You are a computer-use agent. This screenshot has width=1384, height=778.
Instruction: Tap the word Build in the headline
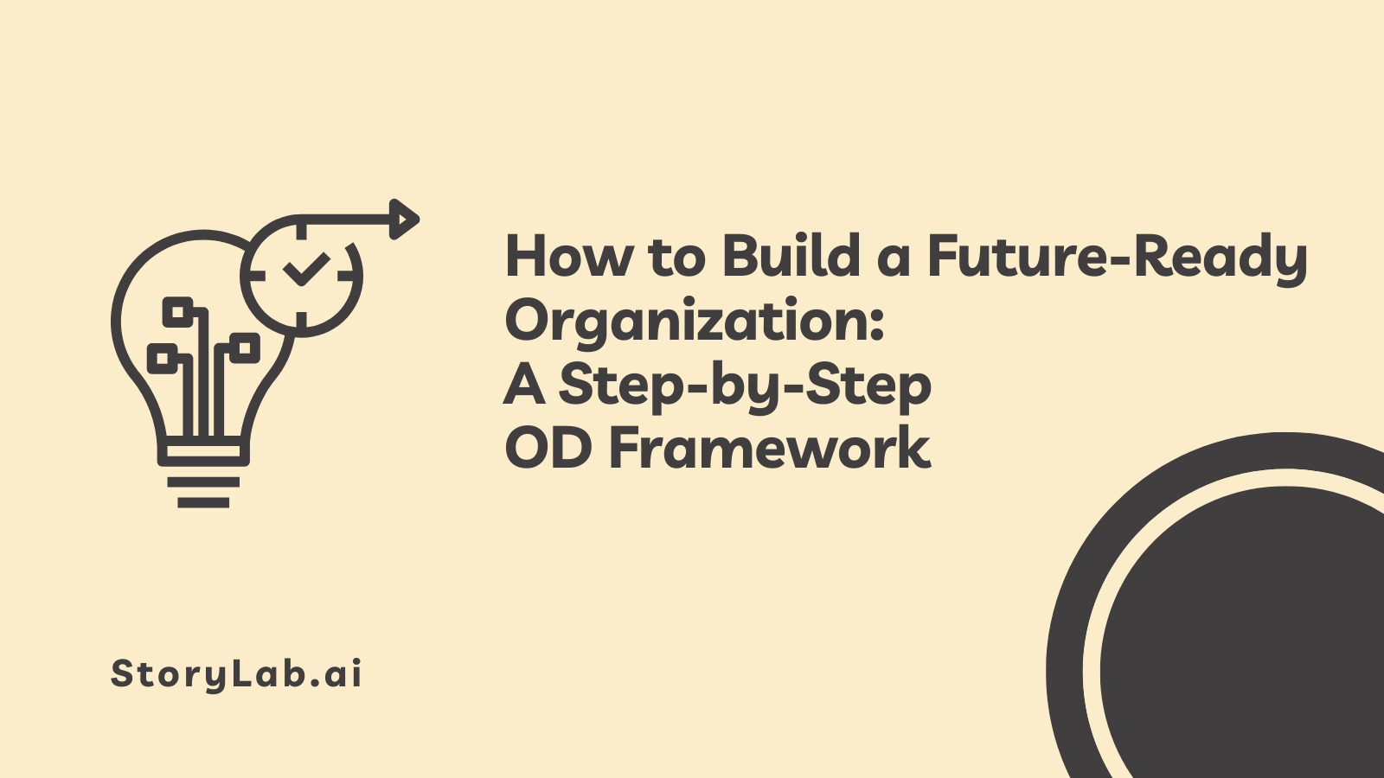click(791, 254)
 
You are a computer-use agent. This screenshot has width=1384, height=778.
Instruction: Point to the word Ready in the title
click(1221, 260)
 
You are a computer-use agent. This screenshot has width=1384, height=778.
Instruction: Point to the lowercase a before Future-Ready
click(894, 262)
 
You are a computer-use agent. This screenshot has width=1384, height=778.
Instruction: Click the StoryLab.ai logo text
click(236, 673)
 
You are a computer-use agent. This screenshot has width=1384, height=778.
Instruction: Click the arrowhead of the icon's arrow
click(404, 220)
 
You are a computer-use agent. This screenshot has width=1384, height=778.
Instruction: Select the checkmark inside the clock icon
click(305, 270)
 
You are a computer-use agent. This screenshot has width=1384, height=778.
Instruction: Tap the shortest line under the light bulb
click(203, 502)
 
